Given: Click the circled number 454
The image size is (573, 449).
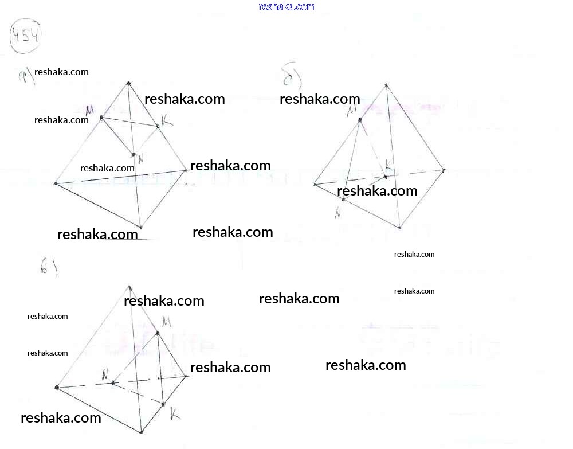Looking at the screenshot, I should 25,37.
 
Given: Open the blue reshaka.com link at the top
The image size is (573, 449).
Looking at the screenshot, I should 287,6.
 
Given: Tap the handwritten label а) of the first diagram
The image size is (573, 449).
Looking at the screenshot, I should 26,76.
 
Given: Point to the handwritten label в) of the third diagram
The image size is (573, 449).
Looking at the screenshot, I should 48,267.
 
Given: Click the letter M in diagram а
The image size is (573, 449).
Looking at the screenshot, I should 89,109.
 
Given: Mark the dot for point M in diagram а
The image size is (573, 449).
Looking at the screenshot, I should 101,118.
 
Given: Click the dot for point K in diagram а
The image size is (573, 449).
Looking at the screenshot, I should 158,126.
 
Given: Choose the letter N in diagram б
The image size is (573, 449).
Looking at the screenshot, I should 339,213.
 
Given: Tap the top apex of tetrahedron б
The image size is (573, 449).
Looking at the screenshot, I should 386,85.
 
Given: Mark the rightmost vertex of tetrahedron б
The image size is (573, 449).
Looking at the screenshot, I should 444,170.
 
